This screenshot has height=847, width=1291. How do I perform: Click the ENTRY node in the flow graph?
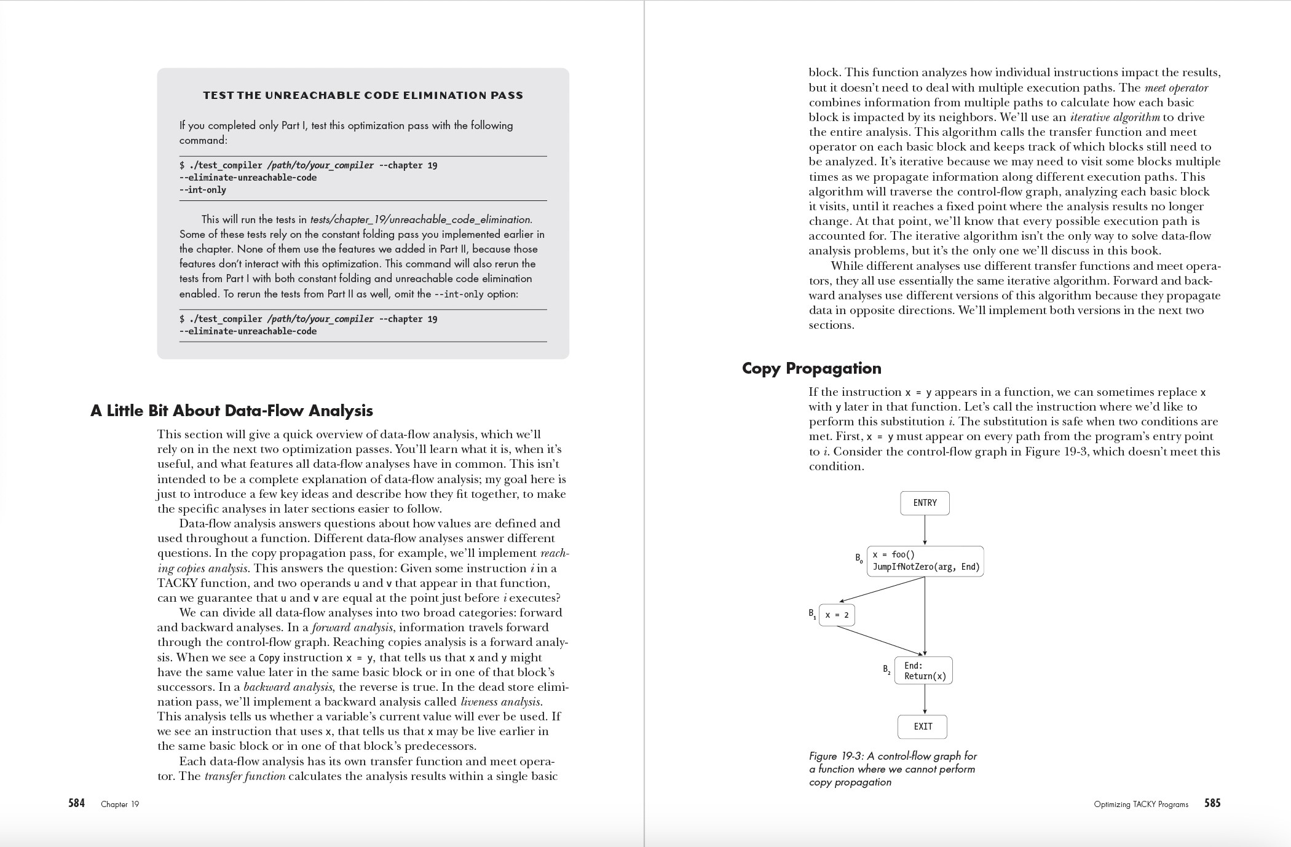pyautogui.click(x=925, y=503)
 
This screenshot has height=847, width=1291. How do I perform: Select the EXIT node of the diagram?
pyautogui.click(x=922, y=727)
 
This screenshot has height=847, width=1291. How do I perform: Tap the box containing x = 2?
pyautogui.click(x=837, y=615)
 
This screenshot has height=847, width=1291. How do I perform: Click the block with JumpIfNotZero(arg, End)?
pyautogui.click(x=925, y=561)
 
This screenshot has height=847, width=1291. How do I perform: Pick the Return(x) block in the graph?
pyautogui.click(x=923, y=671)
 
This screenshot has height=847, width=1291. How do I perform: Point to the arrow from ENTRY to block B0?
pyautogui.click(x=925, y=530)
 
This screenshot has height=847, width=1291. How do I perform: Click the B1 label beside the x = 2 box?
pyautogui.click(x=812, y=613)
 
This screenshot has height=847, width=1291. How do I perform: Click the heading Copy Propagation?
pyautogui.click(x=811, y=368)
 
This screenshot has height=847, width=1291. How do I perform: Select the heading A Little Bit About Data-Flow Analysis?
pyautogui.click(x=232, y=411)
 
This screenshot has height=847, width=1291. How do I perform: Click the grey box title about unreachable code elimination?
pyautogui.click(x=363, y=95)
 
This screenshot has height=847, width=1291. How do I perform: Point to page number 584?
pyautogui.click(x=76, y=803)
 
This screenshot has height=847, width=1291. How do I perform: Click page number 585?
pyautogui.click(x=1212, y=803)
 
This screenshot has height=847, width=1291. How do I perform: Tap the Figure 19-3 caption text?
pyautogui.click(x=893, y=769)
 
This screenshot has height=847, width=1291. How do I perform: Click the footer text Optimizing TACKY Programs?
pyautogui.click(x=1141, y=804)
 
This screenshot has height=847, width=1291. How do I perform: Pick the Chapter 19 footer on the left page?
pyautogui.click(x=120, y=804)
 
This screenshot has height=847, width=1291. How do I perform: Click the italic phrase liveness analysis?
pyautogui.click(x=501, y=702)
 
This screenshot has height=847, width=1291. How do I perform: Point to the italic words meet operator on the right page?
pyautogui.click(x=1176, y=88)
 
